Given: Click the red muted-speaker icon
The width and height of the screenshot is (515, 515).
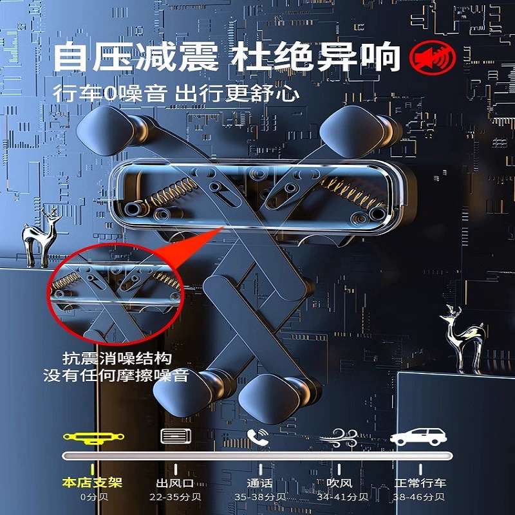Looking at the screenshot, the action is (432, 57).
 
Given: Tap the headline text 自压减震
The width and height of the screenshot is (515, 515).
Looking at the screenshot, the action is (136, 57).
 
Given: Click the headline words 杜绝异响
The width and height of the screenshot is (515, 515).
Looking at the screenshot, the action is (315, 57).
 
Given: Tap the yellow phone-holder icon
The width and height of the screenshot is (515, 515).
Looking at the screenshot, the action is (93, 438).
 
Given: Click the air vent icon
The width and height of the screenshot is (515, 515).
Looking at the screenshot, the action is (176, 436).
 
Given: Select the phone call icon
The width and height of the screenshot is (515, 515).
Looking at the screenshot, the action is (257, 437).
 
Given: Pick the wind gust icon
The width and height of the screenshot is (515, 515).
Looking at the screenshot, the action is (339, 438).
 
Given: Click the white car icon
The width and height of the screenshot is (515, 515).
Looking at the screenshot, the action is (418, 436).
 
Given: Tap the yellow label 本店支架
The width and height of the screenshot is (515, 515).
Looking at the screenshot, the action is (92, 482).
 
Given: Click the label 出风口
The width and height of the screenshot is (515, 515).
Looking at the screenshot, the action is (175, 483).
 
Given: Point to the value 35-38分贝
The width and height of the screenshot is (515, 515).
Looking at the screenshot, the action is (260, 497).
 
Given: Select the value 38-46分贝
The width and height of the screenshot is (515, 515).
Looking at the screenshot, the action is (419, 497).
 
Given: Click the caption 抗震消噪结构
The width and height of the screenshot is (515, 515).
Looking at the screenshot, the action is (117, 359).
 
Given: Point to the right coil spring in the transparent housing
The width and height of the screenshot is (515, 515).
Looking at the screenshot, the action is (351, 192).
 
